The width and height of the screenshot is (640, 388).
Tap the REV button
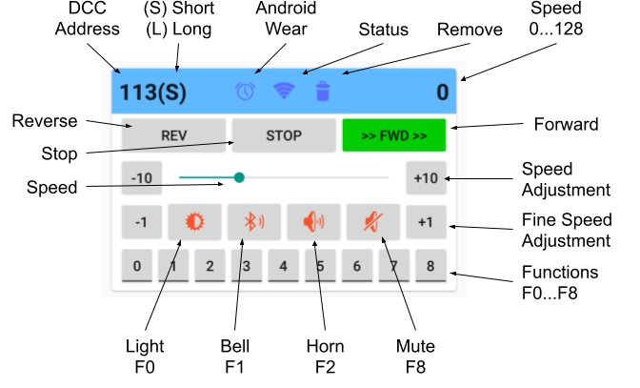173,136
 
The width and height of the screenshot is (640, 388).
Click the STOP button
283,136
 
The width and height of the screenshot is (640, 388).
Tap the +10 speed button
425,178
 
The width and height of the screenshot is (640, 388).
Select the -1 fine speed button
141,223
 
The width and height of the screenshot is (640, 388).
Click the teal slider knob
239,177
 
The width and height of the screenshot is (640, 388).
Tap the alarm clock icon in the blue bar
246,91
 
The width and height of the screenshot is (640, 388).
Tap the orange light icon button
194,223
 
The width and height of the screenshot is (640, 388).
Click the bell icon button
253,223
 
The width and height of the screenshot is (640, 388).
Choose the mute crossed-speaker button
372,223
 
